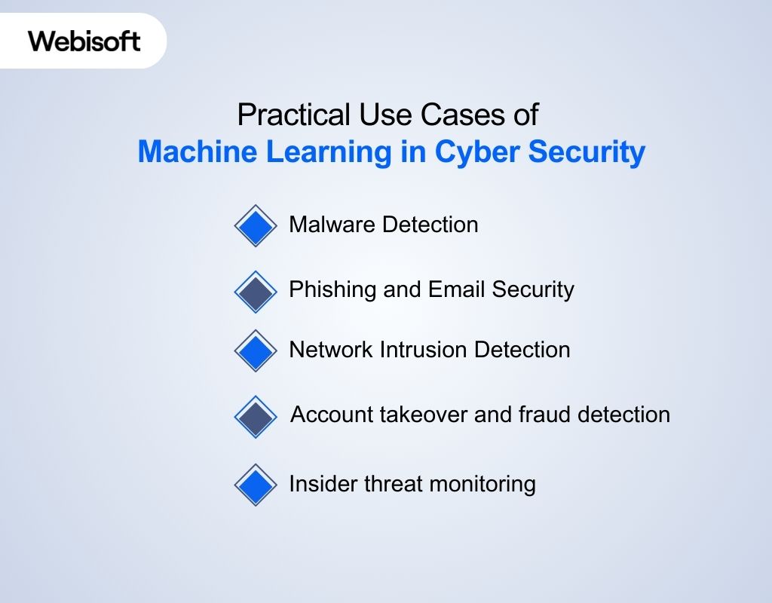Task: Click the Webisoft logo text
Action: click(x=84, y=40)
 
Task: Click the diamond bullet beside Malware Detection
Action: click(x=256, y=225)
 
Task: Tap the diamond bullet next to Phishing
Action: click(x=256, y=292)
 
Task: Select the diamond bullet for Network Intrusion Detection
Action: click(x=256, y=350)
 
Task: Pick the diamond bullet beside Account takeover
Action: click(x=256, y=417)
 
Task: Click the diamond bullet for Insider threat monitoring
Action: click(x=256, y=484)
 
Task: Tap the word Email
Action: click(x=457, y=289)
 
